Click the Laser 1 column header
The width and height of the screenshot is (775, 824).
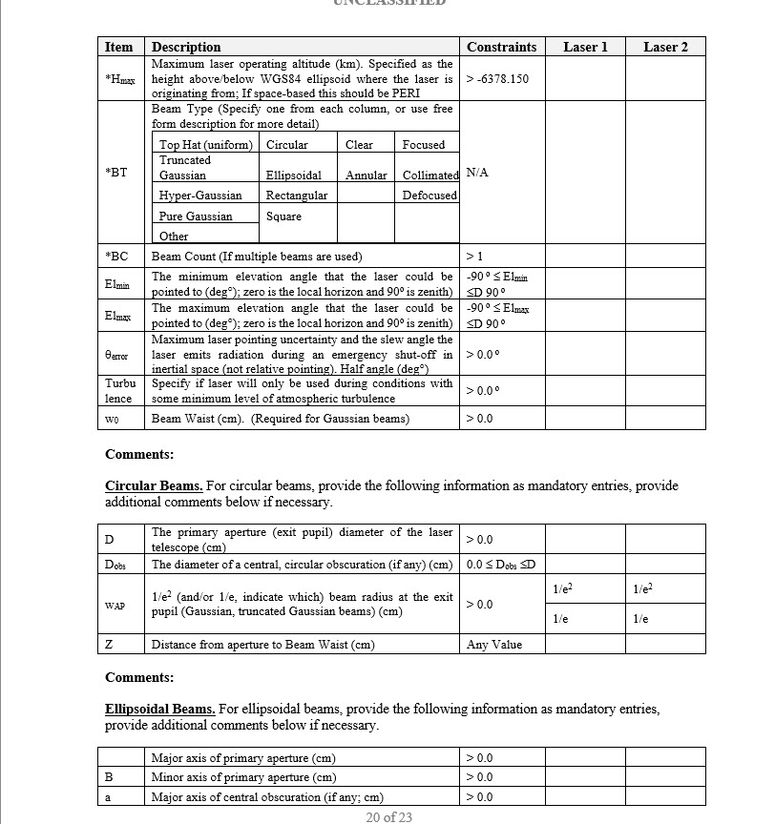coord(585,47)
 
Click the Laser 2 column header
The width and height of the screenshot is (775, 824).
coord(665,47)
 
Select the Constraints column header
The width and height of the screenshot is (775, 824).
coord(501,47)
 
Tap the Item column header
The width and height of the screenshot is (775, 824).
coord(118,47)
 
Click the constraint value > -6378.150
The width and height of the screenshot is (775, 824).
coord(497,78)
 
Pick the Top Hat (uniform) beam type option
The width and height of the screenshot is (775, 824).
coord(206,145)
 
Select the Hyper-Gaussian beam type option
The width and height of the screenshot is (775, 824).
coord(200,196)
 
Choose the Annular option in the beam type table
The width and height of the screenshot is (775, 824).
coord(367,175)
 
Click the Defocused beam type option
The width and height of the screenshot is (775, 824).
coord(429,196)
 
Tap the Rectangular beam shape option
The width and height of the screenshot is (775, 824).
coord(297,196)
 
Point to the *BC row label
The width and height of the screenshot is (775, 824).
coord(116,257)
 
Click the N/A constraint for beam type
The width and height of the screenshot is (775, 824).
coord(476,174)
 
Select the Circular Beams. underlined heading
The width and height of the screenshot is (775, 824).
coord(153,485)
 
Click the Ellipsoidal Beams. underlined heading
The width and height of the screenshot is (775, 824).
coord(159,709)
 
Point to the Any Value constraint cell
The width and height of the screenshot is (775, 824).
coord(494,645)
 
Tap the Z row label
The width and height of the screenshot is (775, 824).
coord(109,645)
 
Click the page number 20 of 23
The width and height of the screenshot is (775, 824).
coord(388,816)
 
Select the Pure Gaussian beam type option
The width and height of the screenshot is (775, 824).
coord(196,216)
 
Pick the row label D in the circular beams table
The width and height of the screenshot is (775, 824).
coord(109,540)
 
